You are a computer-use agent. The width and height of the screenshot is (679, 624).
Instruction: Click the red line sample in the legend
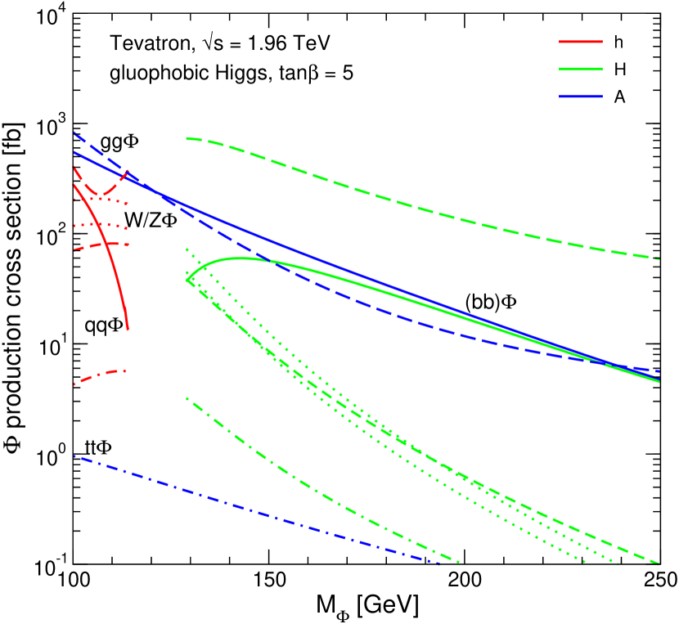click(x=581, y=42)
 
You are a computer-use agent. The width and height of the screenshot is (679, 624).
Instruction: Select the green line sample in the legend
click(x=581, y=70)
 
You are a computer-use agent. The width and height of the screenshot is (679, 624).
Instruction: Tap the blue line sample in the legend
click(x=581, y=97)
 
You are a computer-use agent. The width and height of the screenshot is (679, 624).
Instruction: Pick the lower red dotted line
click(x=102, y=225)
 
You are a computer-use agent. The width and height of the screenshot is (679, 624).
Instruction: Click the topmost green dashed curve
click(x=409, y=204)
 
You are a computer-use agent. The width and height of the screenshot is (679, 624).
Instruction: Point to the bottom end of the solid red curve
click(x=128, y=330)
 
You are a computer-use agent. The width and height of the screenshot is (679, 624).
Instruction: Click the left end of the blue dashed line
click(x=74, y=132)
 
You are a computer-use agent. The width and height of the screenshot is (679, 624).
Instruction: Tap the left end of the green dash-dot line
click(x=187, y=398)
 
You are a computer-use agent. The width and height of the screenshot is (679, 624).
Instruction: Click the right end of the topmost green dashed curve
click(x=659, y=258)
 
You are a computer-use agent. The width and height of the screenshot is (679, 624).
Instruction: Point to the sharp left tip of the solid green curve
click(x=187, y=281)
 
